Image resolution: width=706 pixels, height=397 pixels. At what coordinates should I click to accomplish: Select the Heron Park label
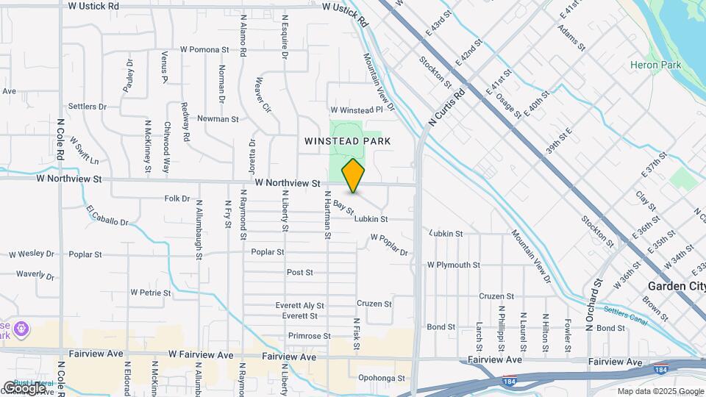tap(655, 65)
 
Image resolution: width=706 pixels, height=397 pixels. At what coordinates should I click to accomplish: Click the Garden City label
tap(676, 286)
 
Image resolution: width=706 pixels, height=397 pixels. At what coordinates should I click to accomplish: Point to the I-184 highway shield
tap(510, 381)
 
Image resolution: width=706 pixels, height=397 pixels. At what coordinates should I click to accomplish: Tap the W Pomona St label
tap(195, 50)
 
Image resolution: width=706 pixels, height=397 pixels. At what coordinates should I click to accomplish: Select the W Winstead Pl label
tap(357, 110)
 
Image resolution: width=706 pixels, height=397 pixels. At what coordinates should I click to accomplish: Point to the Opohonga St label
tap(382, 378)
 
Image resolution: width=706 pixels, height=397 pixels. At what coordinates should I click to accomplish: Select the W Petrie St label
tap(151, 292)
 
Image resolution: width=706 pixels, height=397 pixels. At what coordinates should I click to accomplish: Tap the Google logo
tap(24, 387)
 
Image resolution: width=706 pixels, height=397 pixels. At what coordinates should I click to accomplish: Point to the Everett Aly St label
tap(299, 305)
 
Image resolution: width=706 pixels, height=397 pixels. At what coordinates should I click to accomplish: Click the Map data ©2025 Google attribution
tap(660, 391)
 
